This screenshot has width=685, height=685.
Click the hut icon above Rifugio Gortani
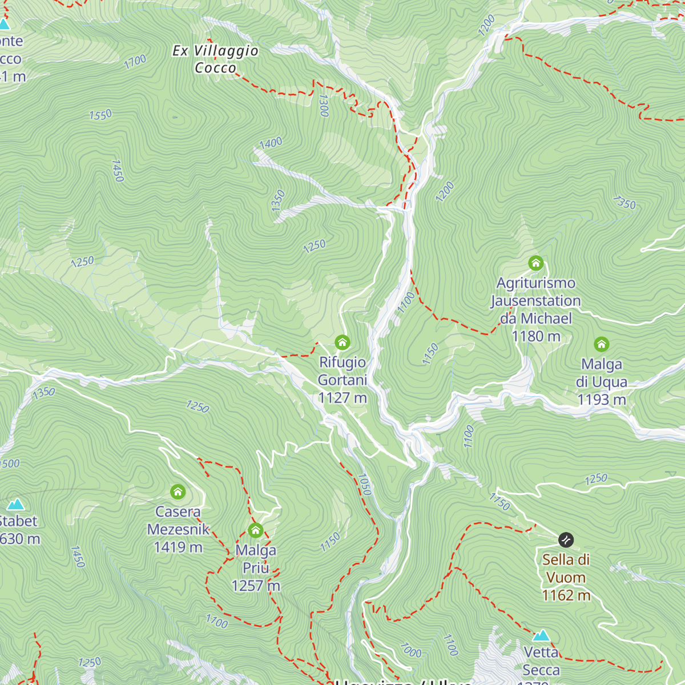[x=342, y=342]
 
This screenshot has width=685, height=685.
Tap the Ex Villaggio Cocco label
[x=215, y=59]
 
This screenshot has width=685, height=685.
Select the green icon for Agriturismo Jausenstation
[x=535, y=263]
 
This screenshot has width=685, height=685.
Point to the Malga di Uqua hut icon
[x=601, y=344]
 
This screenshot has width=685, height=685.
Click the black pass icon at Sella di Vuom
[x=566, y=539]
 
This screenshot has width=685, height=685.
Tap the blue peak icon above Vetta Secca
[x=541, y=635]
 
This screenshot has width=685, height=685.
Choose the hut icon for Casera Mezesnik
[x=178, y=491]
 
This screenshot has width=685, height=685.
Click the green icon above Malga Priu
[x=256, y=531]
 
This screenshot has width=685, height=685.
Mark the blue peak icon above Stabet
[x=15, y=504]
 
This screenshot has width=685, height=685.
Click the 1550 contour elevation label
[x=100, y=115]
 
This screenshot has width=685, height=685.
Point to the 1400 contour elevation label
[x=271, y=143]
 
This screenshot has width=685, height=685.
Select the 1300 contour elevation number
[x=324, y=106]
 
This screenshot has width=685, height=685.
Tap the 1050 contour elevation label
[x=364, y=484]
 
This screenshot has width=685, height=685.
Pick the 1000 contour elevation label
[x=410, y=650]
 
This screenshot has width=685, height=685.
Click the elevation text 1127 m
[x=342, y=398]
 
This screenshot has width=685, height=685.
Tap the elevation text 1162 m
[x=566, y=595]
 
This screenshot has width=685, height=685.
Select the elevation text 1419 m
[x=178, y=547]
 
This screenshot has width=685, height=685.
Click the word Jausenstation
[x=535, y=301]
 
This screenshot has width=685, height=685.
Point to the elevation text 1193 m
[x=601, y=400]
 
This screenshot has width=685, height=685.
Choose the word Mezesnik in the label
[x=178, y=530]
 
